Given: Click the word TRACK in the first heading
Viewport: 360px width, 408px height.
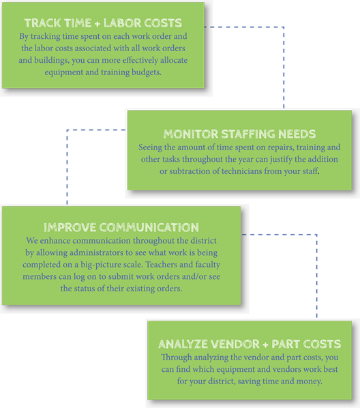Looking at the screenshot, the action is click(40, 23).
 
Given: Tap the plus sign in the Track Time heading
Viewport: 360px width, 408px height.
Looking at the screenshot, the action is click(97, 24).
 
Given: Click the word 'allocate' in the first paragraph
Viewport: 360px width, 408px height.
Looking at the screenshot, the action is click(174, 60).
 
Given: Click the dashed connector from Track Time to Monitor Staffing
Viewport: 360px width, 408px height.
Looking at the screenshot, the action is click(284, 27).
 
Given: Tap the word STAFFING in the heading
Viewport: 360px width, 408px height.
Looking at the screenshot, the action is click(248, 134).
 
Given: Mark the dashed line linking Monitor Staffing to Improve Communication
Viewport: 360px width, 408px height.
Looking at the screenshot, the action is click(67, 130).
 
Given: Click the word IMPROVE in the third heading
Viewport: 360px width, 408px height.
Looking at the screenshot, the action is click(70, 227).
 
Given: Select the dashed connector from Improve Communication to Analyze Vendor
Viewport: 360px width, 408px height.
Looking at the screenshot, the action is click(316, 235).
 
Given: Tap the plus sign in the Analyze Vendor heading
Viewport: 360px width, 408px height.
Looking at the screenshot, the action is click(265, 345).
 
